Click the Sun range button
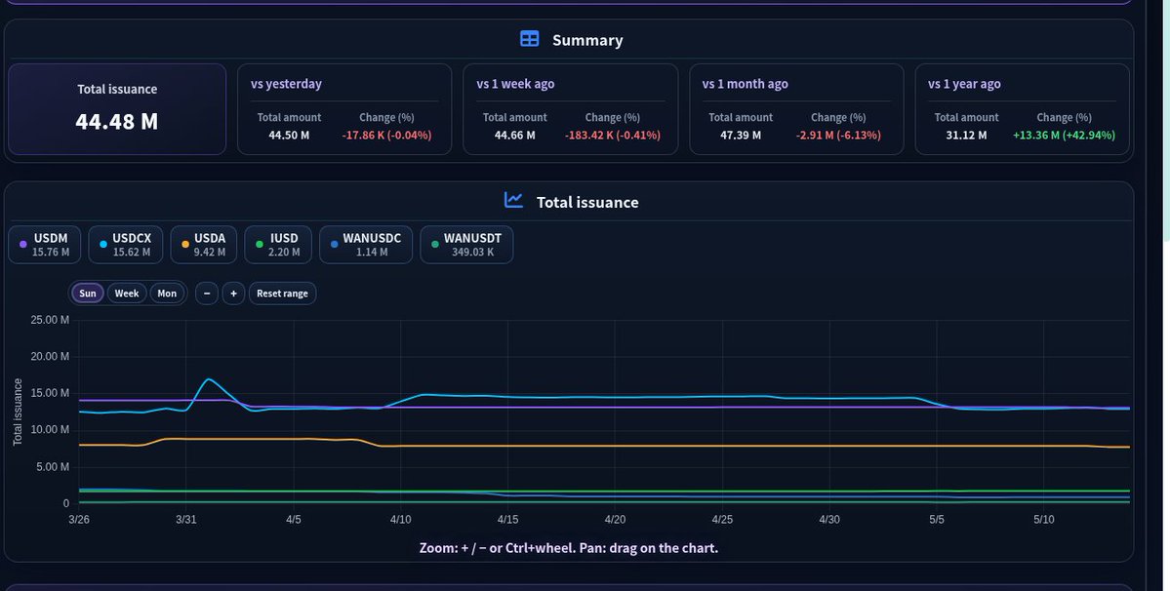(x=88, y=293)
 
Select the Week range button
(x=127, y=293)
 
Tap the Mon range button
(x=167, y=293)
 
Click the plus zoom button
(x=233, y=293)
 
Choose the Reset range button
(x=282, y=293)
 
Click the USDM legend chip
(x=44, y=245)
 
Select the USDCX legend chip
(x=125, y=245)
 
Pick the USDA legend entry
(x=204, y=245)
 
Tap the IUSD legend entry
(x=277, y=245)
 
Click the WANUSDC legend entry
(x=366, y=245)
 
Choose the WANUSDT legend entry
(x=466, y=245)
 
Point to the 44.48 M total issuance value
(x=117, y=122)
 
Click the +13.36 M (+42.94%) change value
(x=1064, y=135)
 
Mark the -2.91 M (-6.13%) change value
(x=838, y=135)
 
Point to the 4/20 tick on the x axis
(x=615, y=520)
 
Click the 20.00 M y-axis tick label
(x=50, y=356)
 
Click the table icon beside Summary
(x=529, y=39)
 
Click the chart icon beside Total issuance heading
(x=513, y=200)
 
